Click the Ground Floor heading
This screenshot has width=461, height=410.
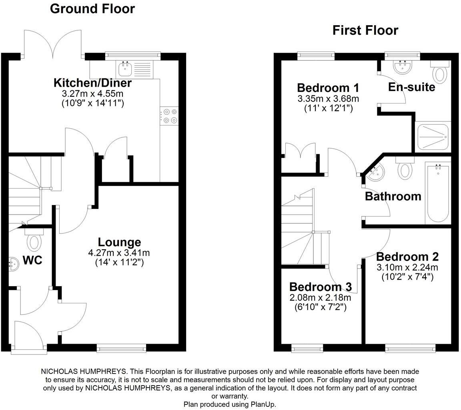coord(92,9)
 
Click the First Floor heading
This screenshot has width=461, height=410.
coord(365,30)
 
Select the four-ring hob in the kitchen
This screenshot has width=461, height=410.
coord(169,116)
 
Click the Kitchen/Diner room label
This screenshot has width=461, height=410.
coord(92,83)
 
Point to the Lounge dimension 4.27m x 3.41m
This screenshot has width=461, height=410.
coord(119,253)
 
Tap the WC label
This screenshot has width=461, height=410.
coord(32,261)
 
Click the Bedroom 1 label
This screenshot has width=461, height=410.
coord(328,88)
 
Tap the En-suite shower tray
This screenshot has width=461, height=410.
coord(433,136)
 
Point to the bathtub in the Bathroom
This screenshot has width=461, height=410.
coord(437,193)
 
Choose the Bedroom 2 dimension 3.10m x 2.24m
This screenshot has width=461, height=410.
coord(407,267)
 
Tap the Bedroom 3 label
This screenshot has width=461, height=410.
coord(320,287)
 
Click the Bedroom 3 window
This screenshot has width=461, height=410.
coord(307,349)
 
